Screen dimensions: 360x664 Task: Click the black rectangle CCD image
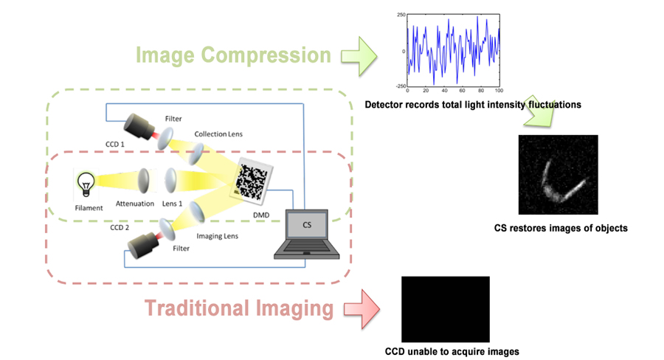click(x=445, y=308)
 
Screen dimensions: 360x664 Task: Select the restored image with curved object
click(x=558, y=174)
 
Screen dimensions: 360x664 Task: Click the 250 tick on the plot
click(x=400, y=15)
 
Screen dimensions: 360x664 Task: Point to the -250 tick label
click(x=398, y=86)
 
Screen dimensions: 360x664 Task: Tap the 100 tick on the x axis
click(x=499, y=91)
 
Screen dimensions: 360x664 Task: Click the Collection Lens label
click(x=218, y=134)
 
